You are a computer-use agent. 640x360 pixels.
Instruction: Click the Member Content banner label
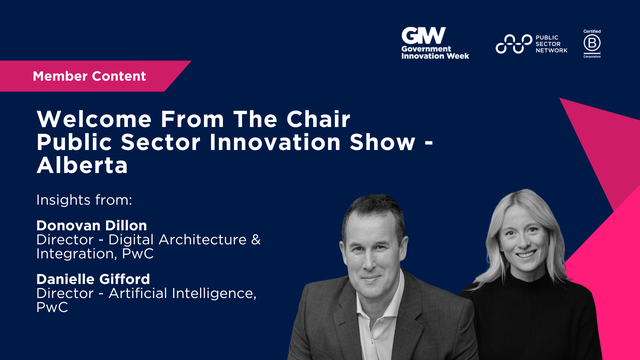(89, 76)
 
